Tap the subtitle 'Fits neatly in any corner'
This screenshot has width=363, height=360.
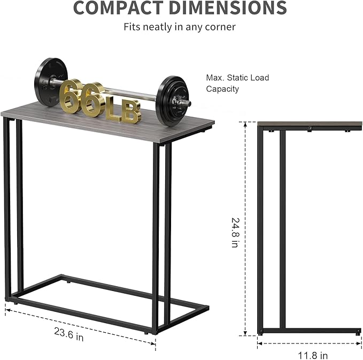click(x=180, y=26)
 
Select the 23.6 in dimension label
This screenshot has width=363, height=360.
click(x=68, y=336)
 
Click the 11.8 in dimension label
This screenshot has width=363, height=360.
click(x=312, y=355)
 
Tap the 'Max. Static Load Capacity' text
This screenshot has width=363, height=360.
click(x=238, y=83)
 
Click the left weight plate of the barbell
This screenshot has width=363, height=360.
click(x=51, y=82)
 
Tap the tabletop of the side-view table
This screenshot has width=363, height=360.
click(x=310, y=125)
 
